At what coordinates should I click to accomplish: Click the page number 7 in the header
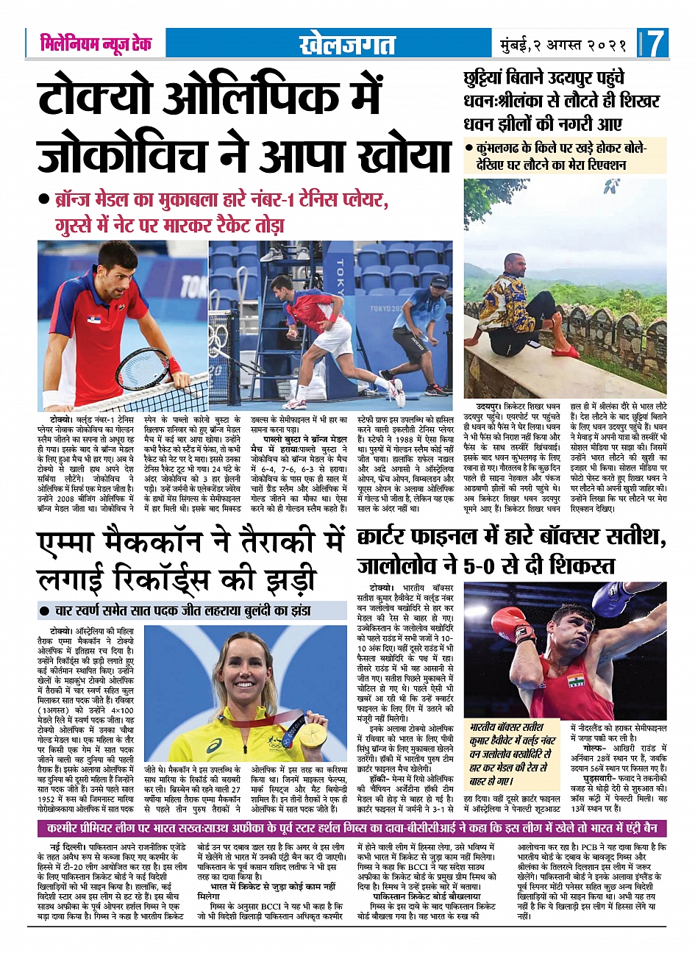click(656, 43)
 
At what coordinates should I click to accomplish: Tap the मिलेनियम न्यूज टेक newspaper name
click(96, 43)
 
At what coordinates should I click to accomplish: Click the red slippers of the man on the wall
click(566, 351)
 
